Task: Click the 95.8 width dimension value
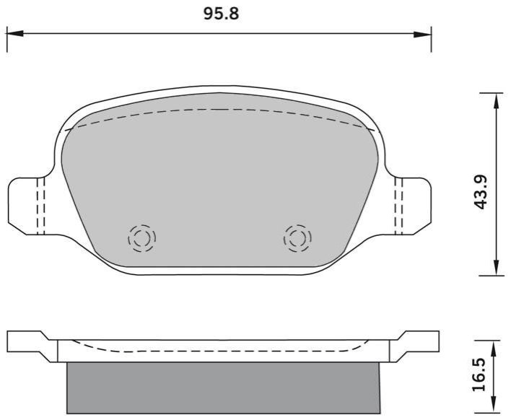(222, 14)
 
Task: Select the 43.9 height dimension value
(481, 192)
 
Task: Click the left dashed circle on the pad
(141, 238)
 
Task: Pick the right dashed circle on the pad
(297, 238)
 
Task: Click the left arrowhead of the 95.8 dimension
(15, 33)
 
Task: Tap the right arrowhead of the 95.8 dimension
(423, 33)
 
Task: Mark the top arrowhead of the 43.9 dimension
(496, 101)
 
